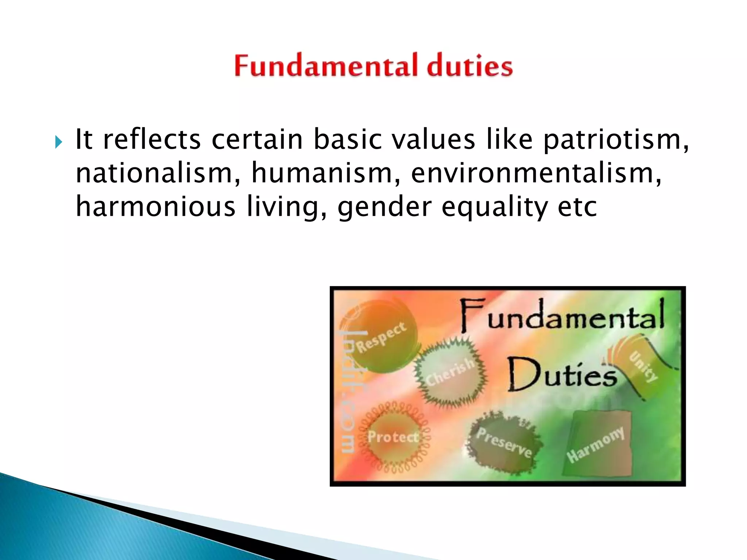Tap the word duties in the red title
tap(470, 66)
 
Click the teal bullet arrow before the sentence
tap(59, 142)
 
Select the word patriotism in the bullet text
tap(613, 140)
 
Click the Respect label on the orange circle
tap(381, 337)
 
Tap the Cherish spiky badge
tap(450, 372)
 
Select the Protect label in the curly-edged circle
tap(393, 436)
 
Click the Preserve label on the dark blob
tap(504, 442)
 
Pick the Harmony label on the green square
tap(595, 444)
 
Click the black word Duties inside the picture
tap(562, 375)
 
